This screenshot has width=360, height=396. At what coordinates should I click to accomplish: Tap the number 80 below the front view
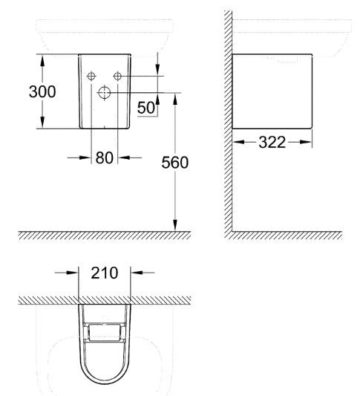tap(104, 157)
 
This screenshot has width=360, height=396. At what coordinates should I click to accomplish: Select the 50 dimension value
tap(145, 107)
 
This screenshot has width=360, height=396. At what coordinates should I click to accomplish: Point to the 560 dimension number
tap(175, 163)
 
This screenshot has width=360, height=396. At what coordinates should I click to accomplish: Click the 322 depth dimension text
tap(272, 143)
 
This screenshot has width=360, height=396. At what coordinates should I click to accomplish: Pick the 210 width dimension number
tap(105, 273)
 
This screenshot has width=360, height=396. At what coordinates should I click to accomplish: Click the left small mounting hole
tap(91, 76)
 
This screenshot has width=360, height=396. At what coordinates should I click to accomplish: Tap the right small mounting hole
tap(117, 76)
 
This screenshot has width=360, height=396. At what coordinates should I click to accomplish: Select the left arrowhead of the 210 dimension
tap(74, 273)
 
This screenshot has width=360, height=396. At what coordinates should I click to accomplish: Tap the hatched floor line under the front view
tap(104, 235)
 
